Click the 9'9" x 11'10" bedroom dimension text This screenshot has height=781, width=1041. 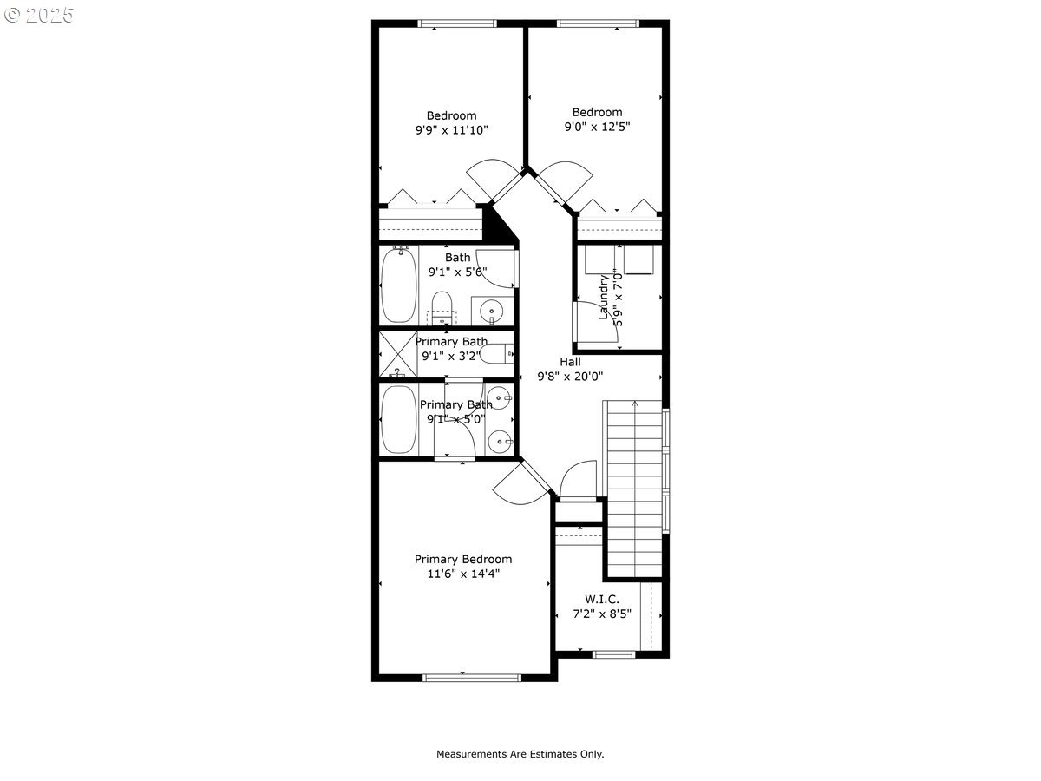pos(451,130)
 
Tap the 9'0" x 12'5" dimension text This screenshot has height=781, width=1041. pos(597,126)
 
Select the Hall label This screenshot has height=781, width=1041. pos(570,361)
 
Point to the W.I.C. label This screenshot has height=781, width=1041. pos(601,599)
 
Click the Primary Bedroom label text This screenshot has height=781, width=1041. pos(462,559)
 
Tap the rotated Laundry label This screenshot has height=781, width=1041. pos(604,297)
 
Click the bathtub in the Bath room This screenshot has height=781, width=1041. pos(399,285)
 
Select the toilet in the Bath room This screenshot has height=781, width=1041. pos(442,306)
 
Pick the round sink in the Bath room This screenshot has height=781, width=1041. pos(493,310)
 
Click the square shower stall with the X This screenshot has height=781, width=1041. pos(398,355)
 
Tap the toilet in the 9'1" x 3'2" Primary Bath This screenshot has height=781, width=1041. pos(497,354)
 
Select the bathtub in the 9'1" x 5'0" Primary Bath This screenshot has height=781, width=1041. pos(398,419)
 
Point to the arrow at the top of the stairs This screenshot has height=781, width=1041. pos(634,404)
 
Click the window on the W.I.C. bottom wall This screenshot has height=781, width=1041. pos(613,654)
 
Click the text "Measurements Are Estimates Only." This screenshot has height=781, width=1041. pos(520,754)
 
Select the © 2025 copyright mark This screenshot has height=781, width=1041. pos(40,16)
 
